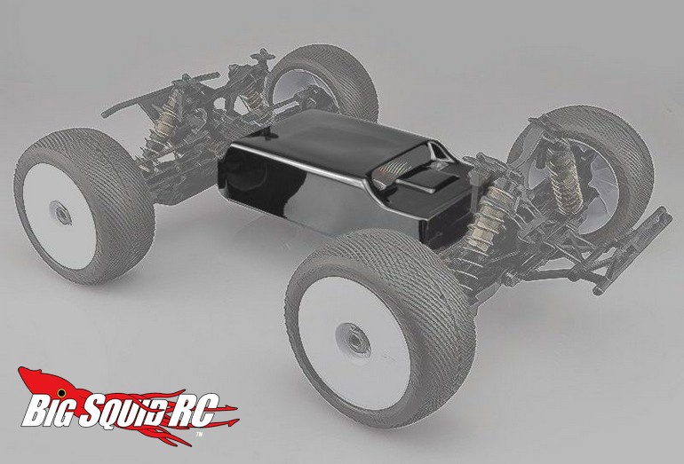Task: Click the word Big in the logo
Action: pos(49,412)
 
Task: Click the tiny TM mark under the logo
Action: pos(199,435)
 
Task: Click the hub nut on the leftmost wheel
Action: pos(60,213)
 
